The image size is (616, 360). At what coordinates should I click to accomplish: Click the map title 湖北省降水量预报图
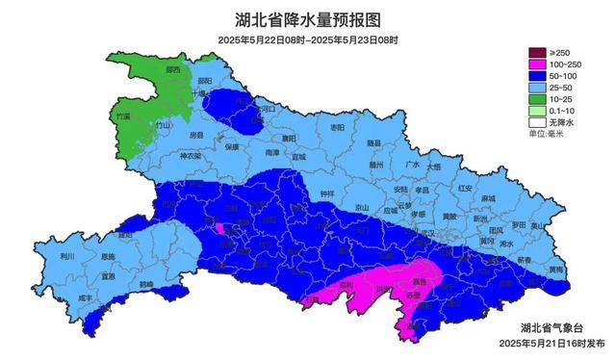[307, 19]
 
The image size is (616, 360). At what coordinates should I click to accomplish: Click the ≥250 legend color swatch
[536, 52]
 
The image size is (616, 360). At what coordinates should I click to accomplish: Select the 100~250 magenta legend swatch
[536, 64]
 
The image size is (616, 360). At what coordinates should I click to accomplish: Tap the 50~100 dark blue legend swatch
[536, 75]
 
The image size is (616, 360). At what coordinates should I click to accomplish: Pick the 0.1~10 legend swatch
[536, 112]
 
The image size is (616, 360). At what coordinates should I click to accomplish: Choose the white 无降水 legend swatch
[536, 123]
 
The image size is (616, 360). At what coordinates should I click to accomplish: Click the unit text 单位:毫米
[550, 135]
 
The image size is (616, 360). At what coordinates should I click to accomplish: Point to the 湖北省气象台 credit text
[552, 327]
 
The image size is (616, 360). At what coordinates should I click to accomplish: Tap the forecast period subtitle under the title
[307, 40]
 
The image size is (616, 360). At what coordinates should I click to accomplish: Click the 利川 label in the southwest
[66, 257]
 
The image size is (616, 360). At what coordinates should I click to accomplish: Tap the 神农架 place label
[192, 156]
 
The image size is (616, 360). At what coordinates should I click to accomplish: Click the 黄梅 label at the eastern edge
[556, 270]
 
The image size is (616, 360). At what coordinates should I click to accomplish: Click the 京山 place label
[362, 207]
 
